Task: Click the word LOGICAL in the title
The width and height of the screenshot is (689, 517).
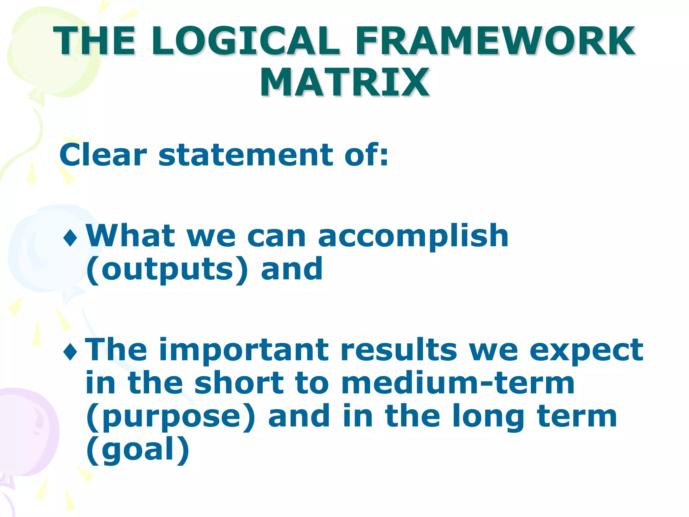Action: tap(246, 41)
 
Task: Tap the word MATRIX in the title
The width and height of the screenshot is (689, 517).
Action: tap(344, 82)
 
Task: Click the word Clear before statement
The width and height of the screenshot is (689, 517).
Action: tap(103, 155)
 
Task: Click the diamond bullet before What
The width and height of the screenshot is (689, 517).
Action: tap(70, 238)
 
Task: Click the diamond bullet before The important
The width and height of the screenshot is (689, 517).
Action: tap(70, 352)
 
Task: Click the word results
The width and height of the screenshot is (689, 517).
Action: tap(399, 350)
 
